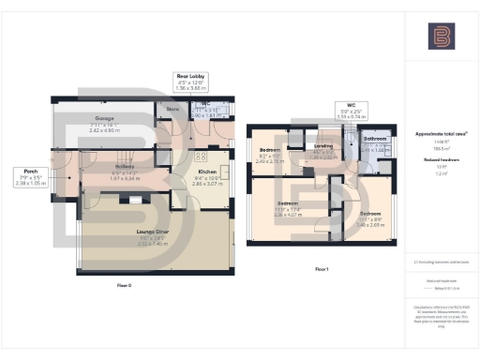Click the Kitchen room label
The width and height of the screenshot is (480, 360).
pos(208,172)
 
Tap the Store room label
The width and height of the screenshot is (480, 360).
pos(172,110)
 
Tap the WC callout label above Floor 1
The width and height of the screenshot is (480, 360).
pos(349,106)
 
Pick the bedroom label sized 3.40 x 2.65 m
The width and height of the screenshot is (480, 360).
pos(372,213)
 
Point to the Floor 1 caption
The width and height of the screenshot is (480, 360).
pos(322,269)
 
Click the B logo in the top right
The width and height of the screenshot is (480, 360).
pos(440,37)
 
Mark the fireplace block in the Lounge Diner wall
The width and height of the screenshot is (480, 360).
pos(136,199)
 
